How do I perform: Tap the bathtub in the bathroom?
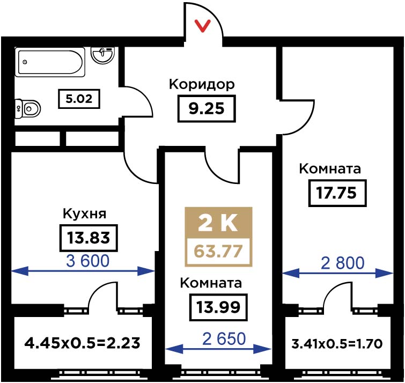coord(50,62)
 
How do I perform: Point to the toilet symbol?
coord(28,109)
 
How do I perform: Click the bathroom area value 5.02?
coord(79,99)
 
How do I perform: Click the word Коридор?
coord(202,85)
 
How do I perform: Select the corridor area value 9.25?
coord(207,108)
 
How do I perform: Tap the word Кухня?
coord(84,214)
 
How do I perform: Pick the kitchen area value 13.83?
coord(89,238)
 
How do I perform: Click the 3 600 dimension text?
coord(88,261)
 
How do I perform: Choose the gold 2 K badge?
coord(218,223)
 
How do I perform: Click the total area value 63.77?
coord(218,252)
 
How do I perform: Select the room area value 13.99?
coord(218,307)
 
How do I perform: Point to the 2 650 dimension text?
coord(224,339)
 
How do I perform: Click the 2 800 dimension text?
coord(342,263)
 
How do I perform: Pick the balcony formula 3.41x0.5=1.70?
coord(337,344)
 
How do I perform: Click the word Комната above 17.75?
coord(330,169)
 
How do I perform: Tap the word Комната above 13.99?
coord(211,283)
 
